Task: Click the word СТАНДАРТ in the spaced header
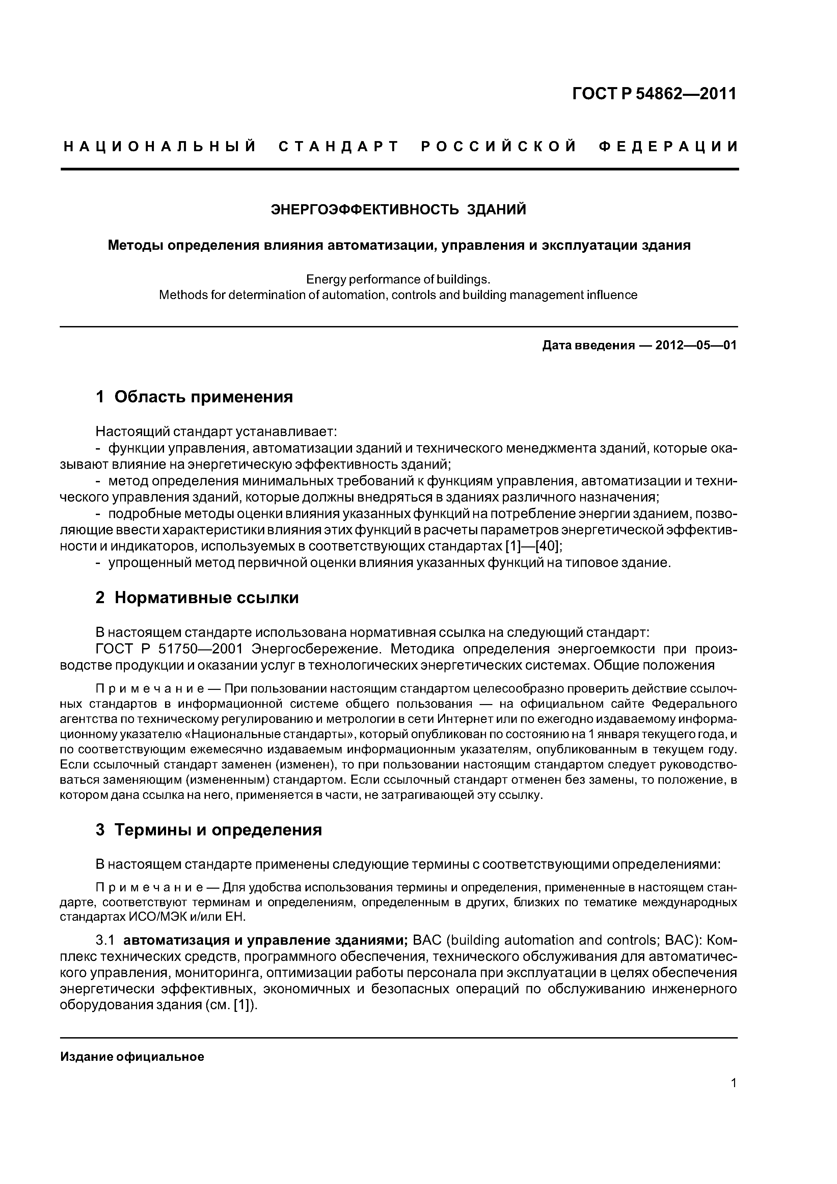click(x=339, y=147)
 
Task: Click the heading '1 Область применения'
click(x=194, y=397)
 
